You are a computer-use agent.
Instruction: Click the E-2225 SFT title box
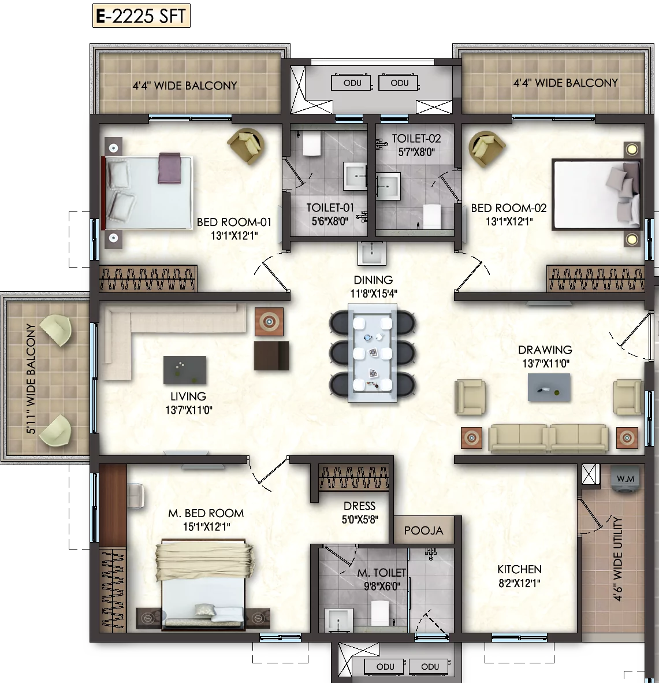coord(142,16)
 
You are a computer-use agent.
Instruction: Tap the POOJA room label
coord(423,530)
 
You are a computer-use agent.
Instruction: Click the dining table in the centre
coord(372,353)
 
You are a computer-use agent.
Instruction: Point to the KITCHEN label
coord(519,569)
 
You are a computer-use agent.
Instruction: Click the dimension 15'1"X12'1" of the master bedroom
coord(206,526)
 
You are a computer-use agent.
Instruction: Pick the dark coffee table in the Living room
coord(185,370)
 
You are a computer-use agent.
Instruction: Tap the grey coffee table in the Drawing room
coord(549,387)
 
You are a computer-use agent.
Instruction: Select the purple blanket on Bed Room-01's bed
coord(170,168)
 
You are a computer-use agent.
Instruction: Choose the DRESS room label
coord(359,506)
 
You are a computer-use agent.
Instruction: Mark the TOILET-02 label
coord(416,139)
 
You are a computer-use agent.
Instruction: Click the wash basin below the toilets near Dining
coord(372,254)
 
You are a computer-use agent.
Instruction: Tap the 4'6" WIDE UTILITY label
coord(617,559)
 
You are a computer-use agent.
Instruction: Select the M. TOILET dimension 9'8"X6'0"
coord(382,587)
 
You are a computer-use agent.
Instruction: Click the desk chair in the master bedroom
coord(135,496)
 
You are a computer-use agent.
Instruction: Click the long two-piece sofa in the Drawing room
coord(549,438)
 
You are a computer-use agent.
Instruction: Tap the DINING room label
coord(373,280)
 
